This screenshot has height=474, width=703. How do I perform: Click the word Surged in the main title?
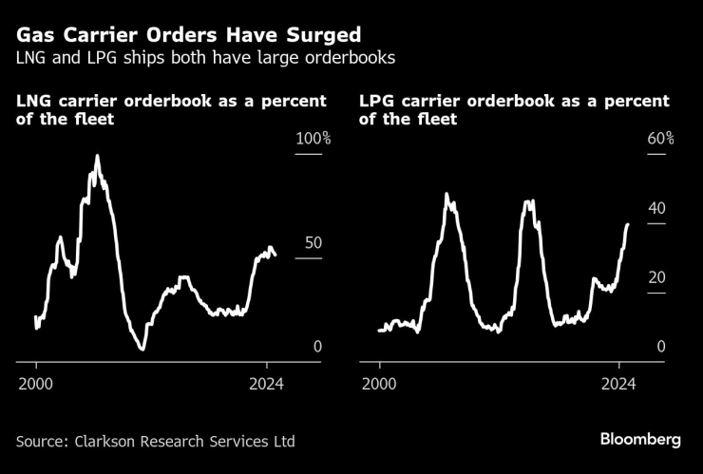(x=321, y=35)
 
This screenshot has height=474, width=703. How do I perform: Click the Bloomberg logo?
(x=640, y=440)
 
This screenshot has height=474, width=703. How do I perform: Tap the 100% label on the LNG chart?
(x=313, y=139)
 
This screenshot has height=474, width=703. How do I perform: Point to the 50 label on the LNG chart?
(x=313, y=243)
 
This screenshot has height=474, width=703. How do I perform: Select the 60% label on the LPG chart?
(x=660, y=139)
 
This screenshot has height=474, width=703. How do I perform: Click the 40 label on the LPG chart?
(x=656, y=209)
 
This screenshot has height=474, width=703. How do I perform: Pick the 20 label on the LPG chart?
(x=656, y=278)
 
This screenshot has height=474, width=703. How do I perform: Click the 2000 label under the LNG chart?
(x=36, y=384)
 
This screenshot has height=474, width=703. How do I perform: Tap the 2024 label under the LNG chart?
(x=267, y=384)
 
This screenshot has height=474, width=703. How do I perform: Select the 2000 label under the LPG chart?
(x=380, y=384)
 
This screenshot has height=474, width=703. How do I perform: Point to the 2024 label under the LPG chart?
(x=619, y=384)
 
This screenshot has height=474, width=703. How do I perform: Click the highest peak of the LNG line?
(x=96, y=156)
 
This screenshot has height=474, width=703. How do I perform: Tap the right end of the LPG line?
(x=628, y=224)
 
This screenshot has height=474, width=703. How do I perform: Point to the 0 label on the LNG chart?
(x=318, y=348)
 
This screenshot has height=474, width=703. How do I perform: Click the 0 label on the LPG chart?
(x=660, y=348)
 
